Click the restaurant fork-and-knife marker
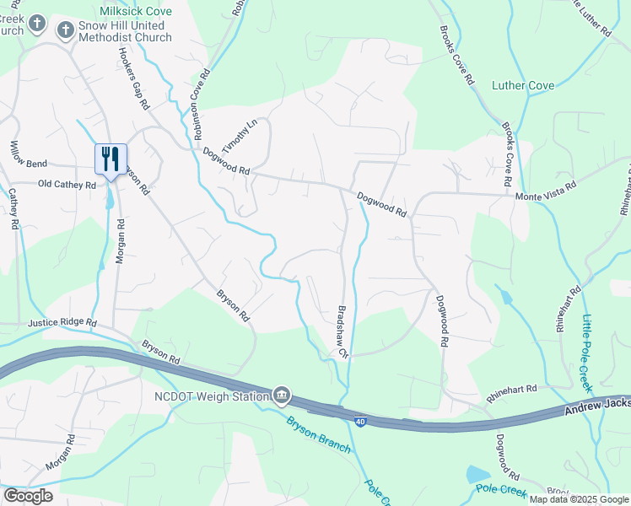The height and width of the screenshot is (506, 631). [x=111, y=159]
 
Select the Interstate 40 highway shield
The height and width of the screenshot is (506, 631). [x=360, y=421]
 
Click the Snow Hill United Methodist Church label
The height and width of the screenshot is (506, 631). [x=126, y=31]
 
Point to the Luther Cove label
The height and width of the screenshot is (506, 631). [x=523, y=85]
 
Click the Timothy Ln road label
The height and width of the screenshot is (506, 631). [x=240, y=133]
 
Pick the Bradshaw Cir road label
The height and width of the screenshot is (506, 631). [x=343, y=331]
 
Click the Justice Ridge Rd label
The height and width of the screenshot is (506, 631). [x=62, y=323]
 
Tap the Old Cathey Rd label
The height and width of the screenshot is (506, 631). [x=67, y=184]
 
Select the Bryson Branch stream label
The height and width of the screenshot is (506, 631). [x=318, y=434]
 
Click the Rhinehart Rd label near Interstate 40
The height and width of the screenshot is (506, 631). [x=511, y=389]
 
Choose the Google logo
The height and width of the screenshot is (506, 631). [x=27, y=495]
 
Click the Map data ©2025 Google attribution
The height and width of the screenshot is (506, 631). [x=579, y=499]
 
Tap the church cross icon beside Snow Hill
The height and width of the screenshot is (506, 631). [x=66, y=31]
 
